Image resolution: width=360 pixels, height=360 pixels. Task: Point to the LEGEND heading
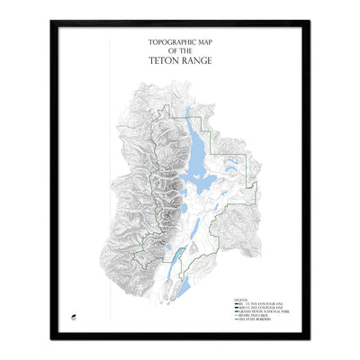tap(240, 298)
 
